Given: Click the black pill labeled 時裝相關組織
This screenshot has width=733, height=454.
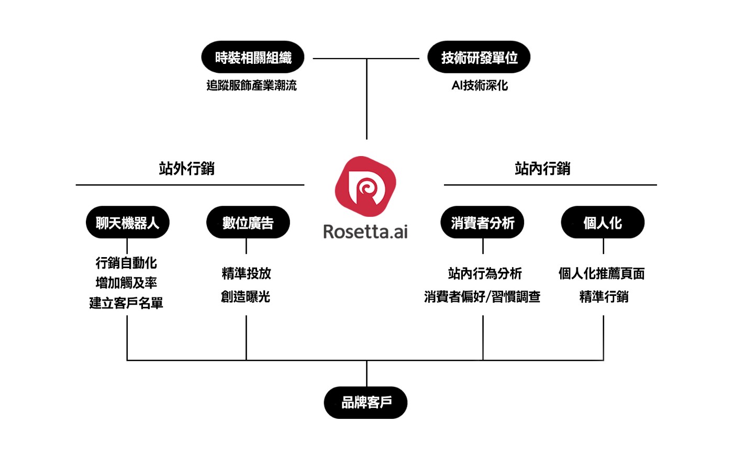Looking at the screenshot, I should tap(253, 57).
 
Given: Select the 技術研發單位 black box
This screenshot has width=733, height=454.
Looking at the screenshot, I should tap(479, 57).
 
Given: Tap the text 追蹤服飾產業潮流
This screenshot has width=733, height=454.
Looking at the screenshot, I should tap(252, 85).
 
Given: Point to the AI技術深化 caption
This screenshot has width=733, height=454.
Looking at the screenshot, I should tap(480, 85).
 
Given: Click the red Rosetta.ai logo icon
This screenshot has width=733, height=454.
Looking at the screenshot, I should tap(365, 187).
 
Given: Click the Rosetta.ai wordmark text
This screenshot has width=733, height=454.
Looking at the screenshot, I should tap(365, 231).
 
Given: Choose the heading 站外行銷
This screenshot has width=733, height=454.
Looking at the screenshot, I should tap(186, 169).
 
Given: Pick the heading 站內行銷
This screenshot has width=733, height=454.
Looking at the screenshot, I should tap(542, 169).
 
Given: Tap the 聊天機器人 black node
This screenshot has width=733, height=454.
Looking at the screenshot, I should tap(127, 223).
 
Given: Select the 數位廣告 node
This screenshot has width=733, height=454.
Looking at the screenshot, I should tap(248, 223).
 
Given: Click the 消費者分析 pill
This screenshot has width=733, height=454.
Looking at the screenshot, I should tap(482, 223).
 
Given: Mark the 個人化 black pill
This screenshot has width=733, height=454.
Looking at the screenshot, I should tap(603, 223).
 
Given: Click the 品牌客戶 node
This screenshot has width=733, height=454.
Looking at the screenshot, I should tap(366, 403).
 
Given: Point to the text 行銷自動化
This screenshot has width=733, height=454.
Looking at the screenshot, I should tap(126, 263).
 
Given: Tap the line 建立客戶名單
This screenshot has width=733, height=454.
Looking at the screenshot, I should tap(126, 303).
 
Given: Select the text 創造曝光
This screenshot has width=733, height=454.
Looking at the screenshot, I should tap(246, 297).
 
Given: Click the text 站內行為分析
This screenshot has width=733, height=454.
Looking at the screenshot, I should tap(485, 273).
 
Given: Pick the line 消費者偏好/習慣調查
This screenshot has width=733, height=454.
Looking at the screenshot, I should tap(482, 297).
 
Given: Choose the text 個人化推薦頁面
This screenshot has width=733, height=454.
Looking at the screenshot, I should tap(602, 273).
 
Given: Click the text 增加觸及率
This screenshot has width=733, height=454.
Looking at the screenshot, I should tap(126, 283).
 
